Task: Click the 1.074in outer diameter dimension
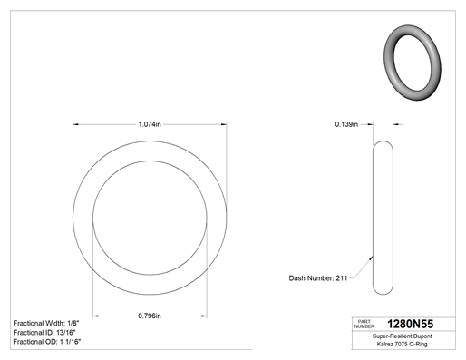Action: [x=150, y=124]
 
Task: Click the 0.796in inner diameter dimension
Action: [x=150, y=316]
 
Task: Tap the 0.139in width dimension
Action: [x=346, y=124]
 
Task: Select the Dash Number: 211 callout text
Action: [x=318, y=278]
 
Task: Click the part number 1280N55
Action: [x=410, y=324]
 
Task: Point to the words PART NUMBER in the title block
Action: [x=364, y=324]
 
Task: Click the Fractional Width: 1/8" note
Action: [x=46, y=323]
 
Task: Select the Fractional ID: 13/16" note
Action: [x=44, y=333]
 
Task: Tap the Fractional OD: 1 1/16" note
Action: [x=47, y=342]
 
